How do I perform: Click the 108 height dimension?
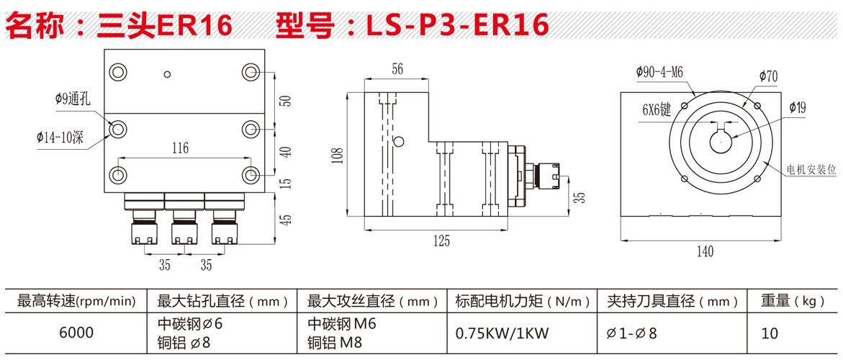tap(339, 154)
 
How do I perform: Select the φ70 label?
tap(768, 76)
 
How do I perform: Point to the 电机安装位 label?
tap(811, 170)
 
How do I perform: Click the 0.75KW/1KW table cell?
tap(502, 333)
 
